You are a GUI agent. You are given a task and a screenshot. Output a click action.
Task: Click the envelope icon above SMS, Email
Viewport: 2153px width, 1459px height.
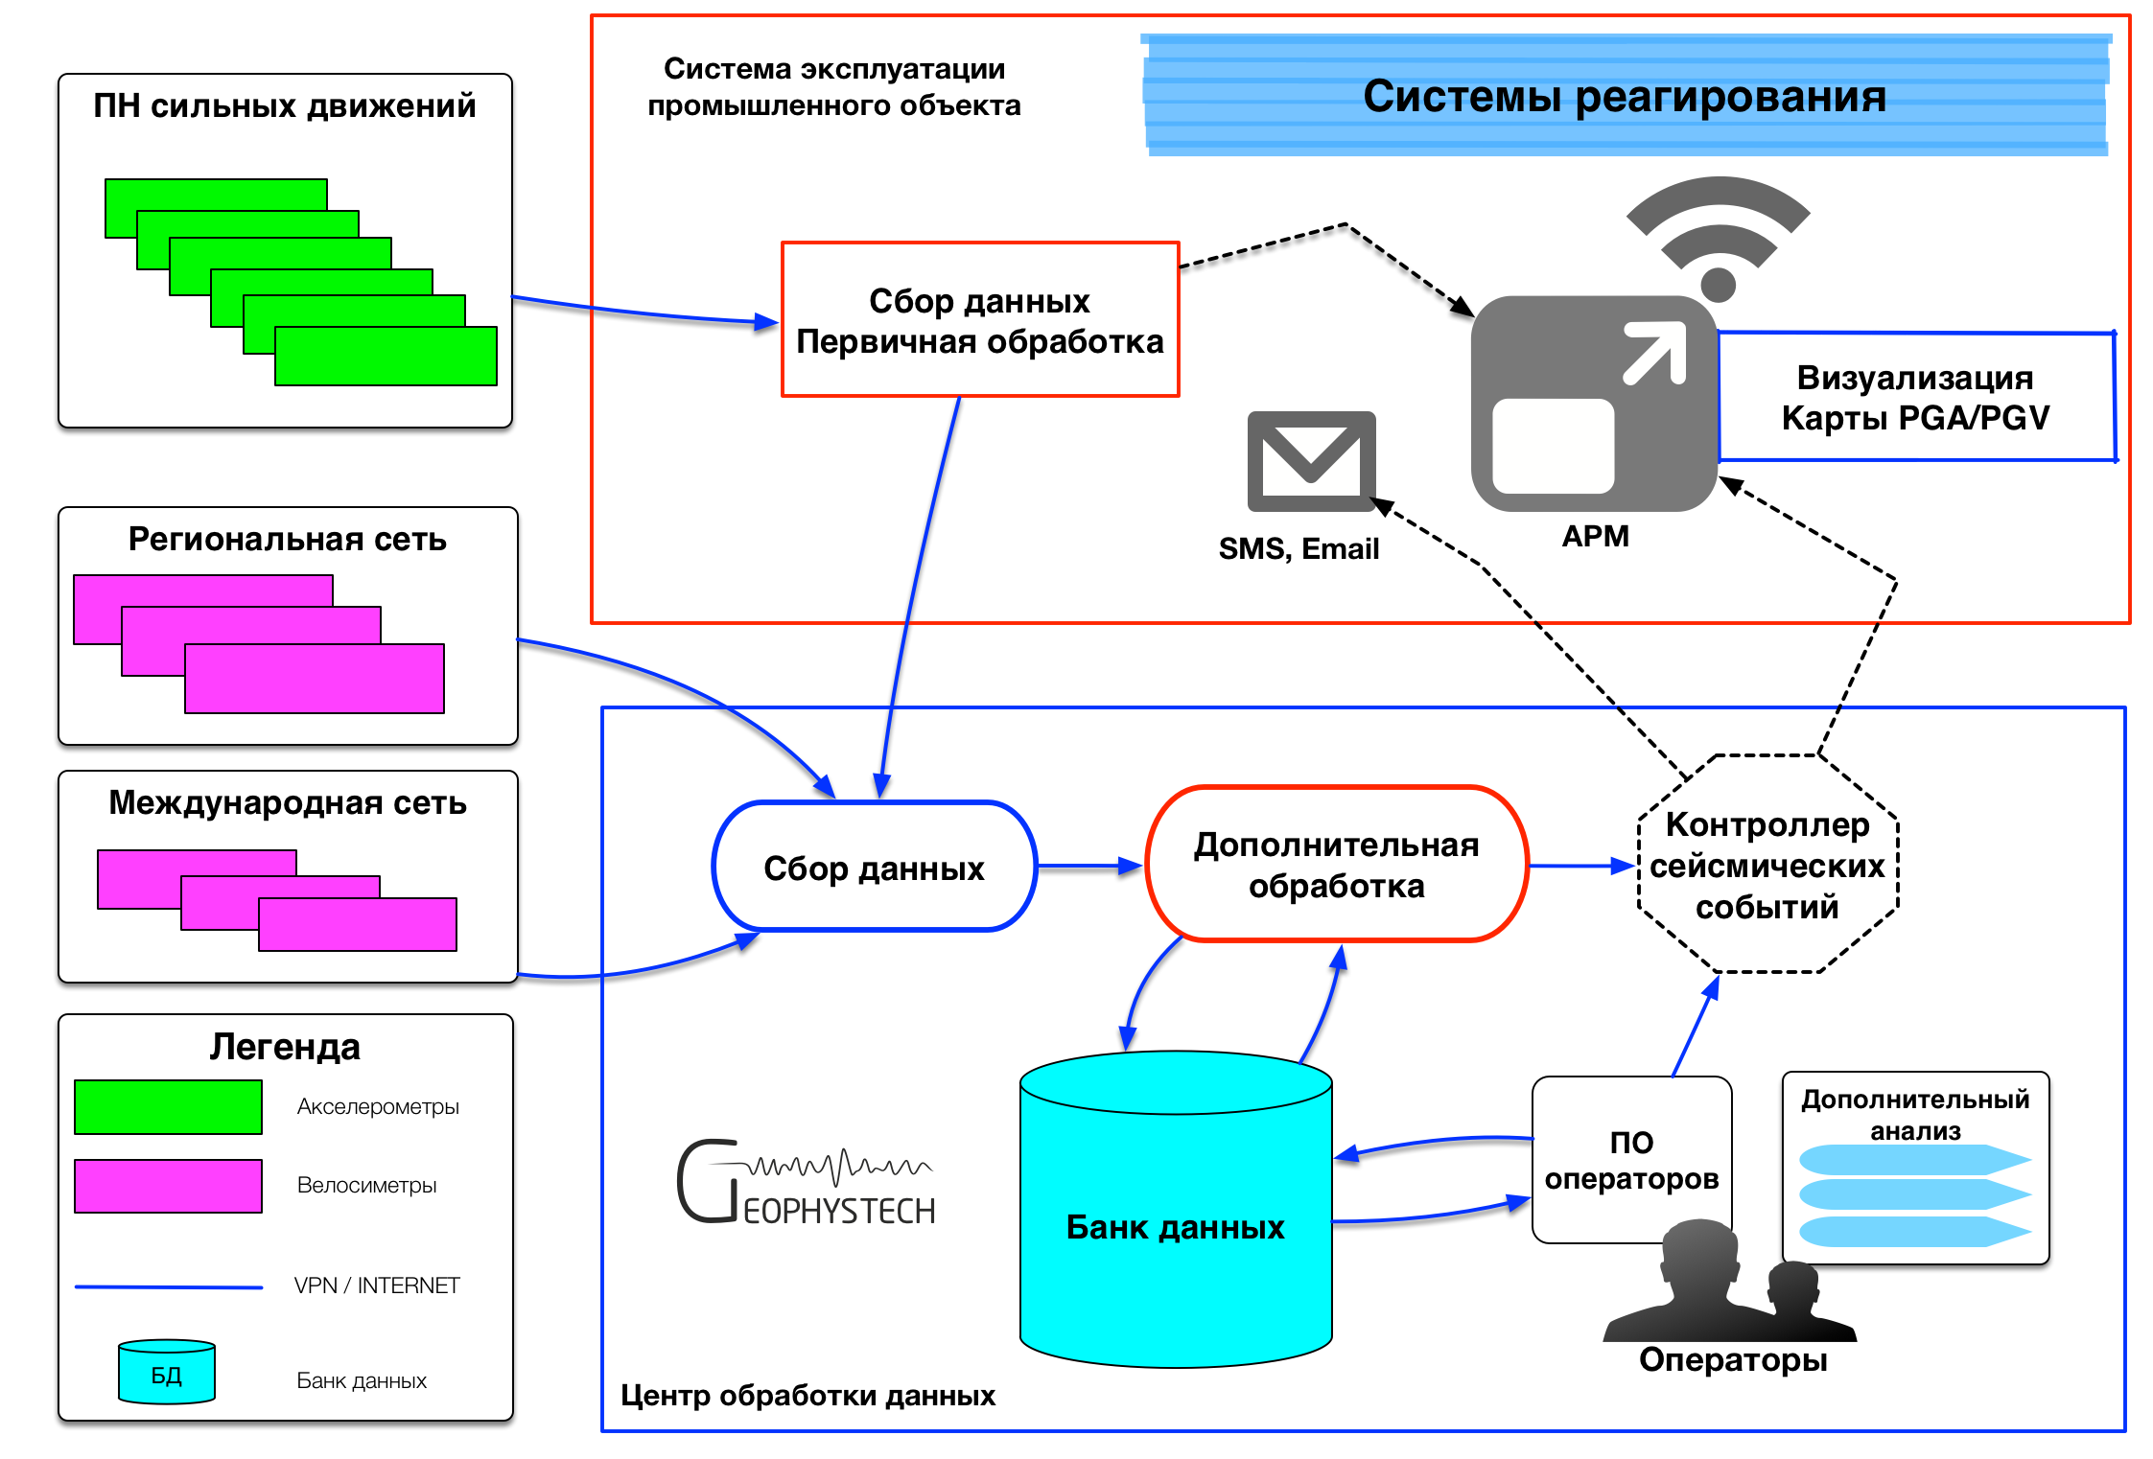click(1311, 460)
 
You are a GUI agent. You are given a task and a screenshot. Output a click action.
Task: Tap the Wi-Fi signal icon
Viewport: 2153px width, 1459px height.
click(1718, 236)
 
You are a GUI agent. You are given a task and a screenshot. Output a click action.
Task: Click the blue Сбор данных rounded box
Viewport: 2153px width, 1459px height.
click(874, 867)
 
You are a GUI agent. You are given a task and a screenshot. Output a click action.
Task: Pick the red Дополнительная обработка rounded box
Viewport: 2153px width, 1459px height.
click(1336, 865)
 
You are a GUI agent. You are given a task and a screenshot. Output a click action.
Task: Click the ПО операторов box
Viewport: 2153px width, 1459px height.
click(1631, 1160)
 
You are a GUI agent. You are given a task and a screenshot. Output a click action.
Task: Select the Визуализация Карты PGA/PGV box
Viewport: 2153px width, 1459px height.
click(1915, 397)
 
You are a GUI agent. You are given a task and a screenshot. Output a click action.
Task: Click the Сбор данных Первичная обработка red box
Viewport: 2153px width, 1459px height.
click(979, 320)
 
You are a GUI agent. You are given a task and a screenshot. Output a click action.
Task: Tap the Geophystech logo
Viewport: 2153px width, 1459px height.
click(806, 1183)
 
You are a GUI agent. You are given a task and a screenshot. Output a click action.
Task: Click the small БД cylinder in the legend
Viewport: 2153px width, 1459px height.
click(167, 1373)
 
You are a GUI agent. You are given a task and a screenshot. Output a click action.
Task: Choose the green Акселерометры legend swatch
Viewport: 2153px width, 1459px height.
click(168, 1107)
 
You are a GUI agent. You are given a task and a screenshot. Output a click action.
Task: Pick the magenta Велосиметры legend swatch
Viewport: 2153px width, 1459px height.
click(168, 1186)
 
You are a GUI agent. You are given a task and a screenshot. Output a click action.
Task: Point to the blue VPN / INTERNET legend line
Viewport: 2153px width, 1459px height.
click(169, 1286)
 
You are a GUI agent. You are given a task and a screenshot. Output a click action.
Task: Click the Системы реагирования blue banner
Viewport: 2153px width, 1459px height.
click(1625, 96)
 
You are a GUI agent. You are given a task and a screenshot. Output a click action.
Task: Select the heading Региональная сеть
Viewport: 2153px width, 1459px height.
click(288, 540)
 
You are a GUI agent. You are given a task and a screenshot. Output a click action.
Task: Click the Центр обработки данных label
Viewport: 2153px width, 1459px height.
click(807, 1395)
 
